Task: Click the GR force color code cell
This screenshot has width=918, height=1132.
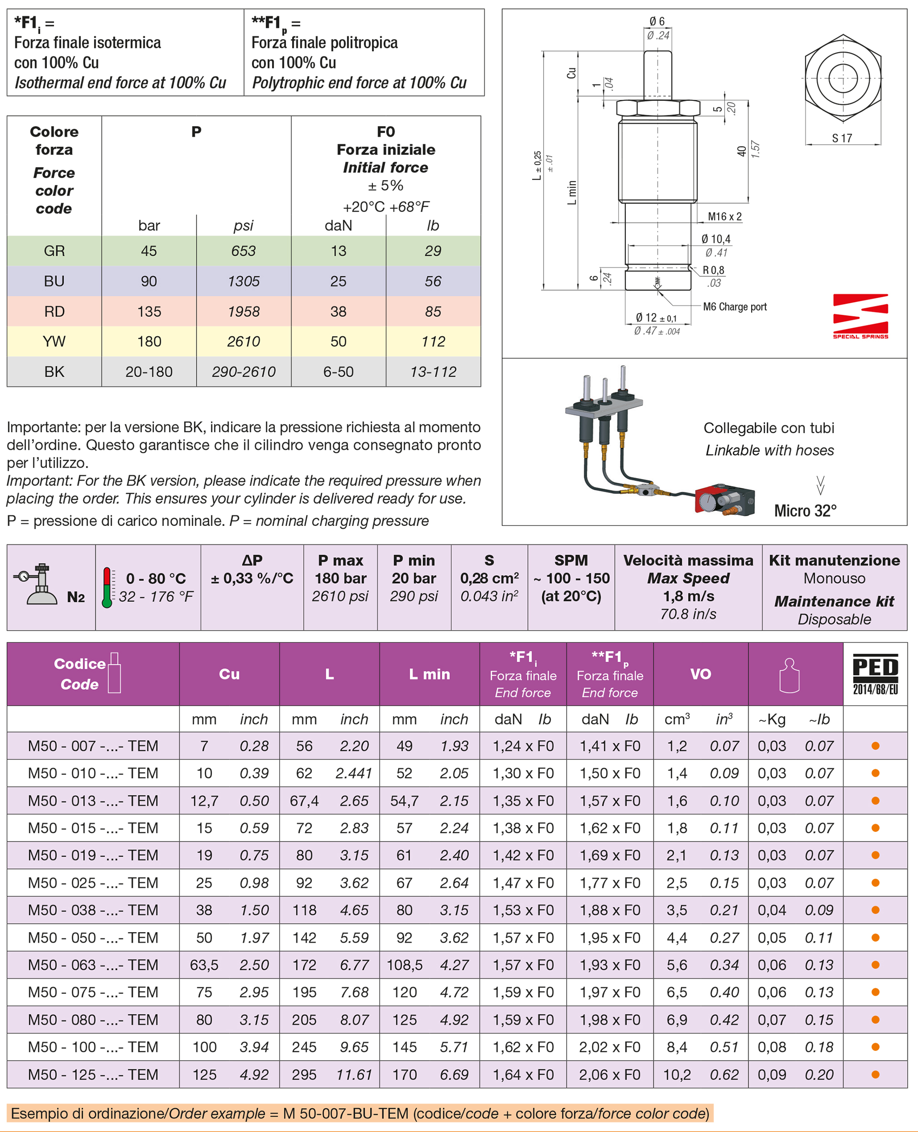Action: tap(54, 250)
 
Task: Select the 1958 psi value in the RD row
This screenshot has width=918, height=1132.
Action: tap(243, 311)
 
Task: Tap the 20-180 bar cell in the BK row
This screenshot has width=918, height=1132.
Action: tap(149, 372)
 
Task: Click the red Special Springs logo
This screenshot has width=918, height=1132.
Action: tap(860, 316)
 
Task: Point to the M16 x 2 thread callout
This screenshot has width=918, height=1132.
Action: tap(724, 217)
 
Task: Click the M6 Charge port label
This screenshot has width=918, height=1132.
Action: tap(734, 306)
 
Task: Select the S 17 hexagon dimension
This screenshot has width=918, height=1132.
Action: tap(842, 139)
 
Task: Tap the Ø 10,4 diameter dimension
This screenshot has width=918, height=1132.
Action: tap(715, 239)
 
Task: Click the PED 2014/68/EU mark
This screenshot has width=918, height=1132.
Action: tap(875, 674)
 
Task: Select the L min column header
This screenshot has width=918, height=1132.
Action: tap(429, 674)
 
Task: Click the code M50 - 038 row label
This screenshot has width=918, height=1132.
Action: tap(93, 910)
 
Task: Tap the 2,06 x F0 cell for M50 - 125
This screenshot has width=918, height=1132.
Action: tap(610, 1074)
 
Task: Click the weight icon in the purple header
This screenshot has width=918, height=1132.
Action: tap(789, 675)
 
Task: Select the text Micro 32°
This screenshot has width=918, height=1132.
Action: tap(805, 511)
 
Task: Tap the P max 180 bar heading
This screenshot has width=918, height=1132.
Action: tap(340, 569)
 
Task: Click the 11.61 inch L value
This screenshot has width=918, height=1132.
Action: tap(354, 1074)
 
